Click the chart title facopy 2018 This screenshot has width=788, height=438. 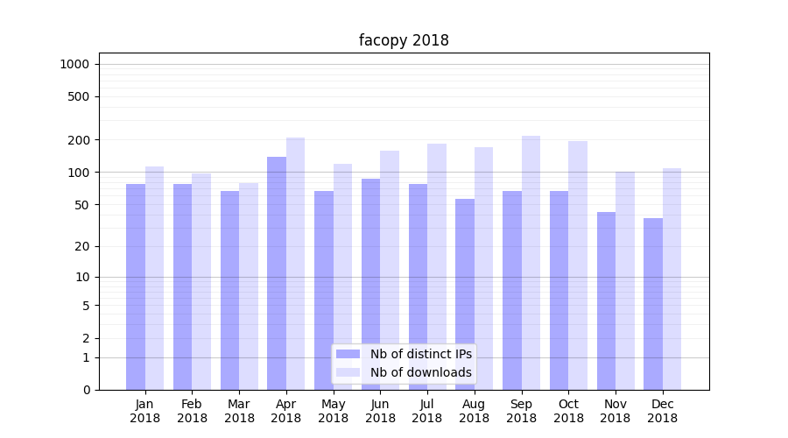pyautogui.click(x=404, y=40)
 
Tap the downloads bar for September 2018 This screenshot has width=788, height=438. pyautogui.click(x=531, y=263)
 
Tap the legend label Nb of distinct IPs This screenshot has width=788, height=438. pyautogui.click(x=420, y=354)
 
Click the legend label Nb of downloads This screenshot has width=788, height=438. pyautogui.click(x=420, y=372)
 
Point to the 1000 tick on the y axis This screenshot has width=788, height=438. pyautogui.click(x=75, y=64)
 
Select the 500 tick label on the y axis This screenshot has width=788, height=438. pyautogui.click(x=79, y=96)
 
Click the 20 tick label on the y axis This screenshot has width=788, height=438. pyautogui.click(x=82, y=246)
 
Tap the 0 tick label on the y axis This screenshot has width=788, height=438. pyautogui.click(x=86, y=390)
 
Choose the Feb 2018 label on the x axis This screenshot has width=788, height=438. pyautogui.click(x=192, y=411)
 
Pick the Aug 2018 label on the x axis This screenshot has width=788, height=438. pyautogui.click(x=474, y=411)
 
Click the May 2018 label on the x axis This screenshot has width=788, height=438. pyautogui.click(x=333, y=411)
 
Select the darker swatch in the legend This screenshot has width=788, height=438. pyautogui.click(x=348, y=354)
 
